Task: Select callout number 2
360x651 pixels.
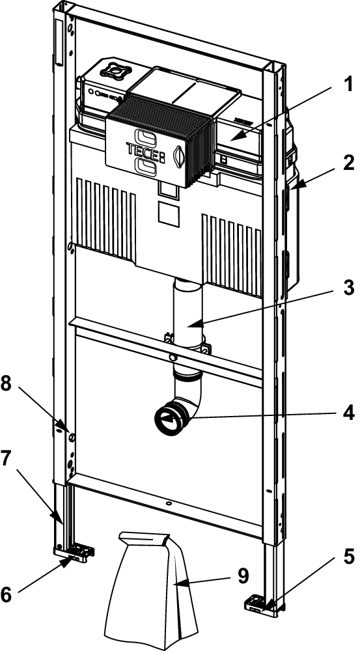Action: click(347, 163)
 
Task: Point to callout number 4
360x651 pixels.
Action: click(347, 413)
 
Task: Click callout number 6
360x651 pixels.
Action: click(7, 594)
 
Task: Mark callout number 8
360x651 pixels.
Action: click(7, 385)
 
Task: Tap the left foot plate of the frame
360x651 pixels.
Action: click(75, 553)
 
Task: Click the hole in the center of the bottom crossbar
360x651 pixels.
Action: click(169, 504)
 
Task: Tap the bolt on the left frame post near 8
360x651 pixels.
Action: click(72, 437)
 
